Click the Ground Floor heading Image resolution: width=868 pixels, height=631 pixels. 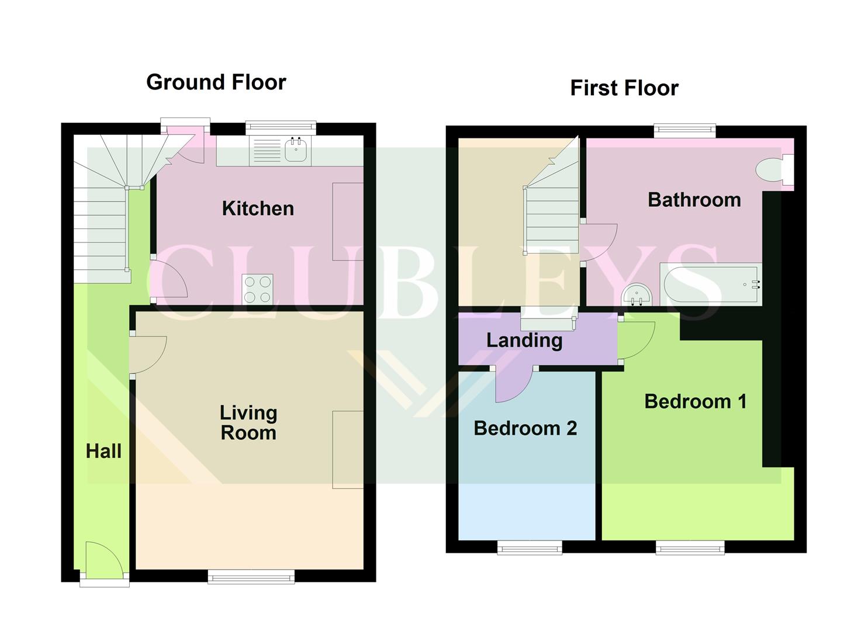point(216,82)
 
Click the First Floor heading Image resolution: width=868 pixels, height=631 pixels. point(624,88)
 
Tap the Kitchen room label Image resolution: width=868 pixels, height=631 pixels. point(258,209)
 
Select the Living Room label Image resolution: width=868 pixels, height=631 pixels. point(248,422)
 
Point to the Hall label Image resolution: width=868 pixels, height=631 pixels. point(103,451)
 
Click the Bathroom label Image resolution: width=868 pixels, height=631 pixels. point(694,200)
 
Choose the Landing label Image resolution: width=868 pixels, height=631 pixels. point(524,341)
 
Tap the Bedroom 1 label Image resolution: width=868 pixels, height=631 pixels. point(696,401)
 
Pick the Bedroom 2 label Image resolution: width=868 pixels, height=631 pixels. point(525,428)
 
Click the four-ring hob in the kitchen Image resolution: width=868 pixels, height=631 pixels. point(257,289)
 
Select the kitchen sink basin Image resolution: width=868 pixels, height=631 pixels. point(297,150)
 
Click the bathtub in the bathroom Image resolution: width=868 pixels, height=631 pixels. point(711,285)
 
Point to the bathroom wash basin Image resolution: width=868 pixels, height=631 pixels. point(637,295)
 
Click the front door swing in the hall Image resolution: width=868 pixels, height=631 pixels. point(104,558)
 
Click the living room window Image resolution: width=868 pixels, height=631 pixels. point(251,577)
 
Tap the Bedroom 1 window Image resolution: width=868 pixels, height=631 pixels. point(690,547)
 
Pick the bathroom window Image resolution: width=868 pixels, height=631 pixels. point(684,131)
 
